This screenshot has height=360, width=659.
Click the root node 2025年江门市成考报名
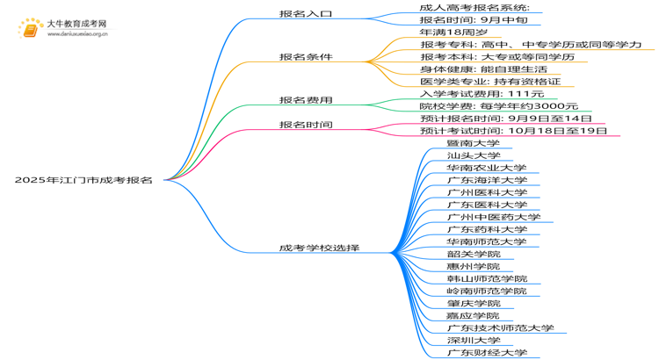[x=83, y=180]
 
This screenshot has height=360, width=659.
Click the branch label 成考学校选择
[x=319, y=248]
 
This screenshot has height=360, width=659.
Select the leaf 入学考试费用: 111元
[x=482, y=94]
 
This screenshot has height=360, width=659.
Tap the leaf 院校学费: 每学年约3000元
[x=498, y=106]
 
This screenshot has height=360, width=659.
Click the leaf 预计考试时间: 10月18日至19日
[x=513, y=131]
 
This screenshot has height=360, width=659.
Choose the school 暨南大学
[x=473, y=143]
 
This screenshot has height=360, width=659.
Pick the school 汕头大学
[x=473, y=155]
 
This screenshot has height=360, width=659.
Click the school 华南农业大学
[x=486, y=168]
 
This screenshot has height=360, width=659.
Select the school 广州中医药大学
[x=493, y=217]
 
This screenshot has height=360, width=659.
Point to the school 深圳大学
[x=473, y=340]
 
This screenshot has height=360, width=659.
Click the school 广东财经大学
[x=486, y=352]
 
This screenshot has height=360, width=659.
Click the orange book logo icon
[x=30, y=30]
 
